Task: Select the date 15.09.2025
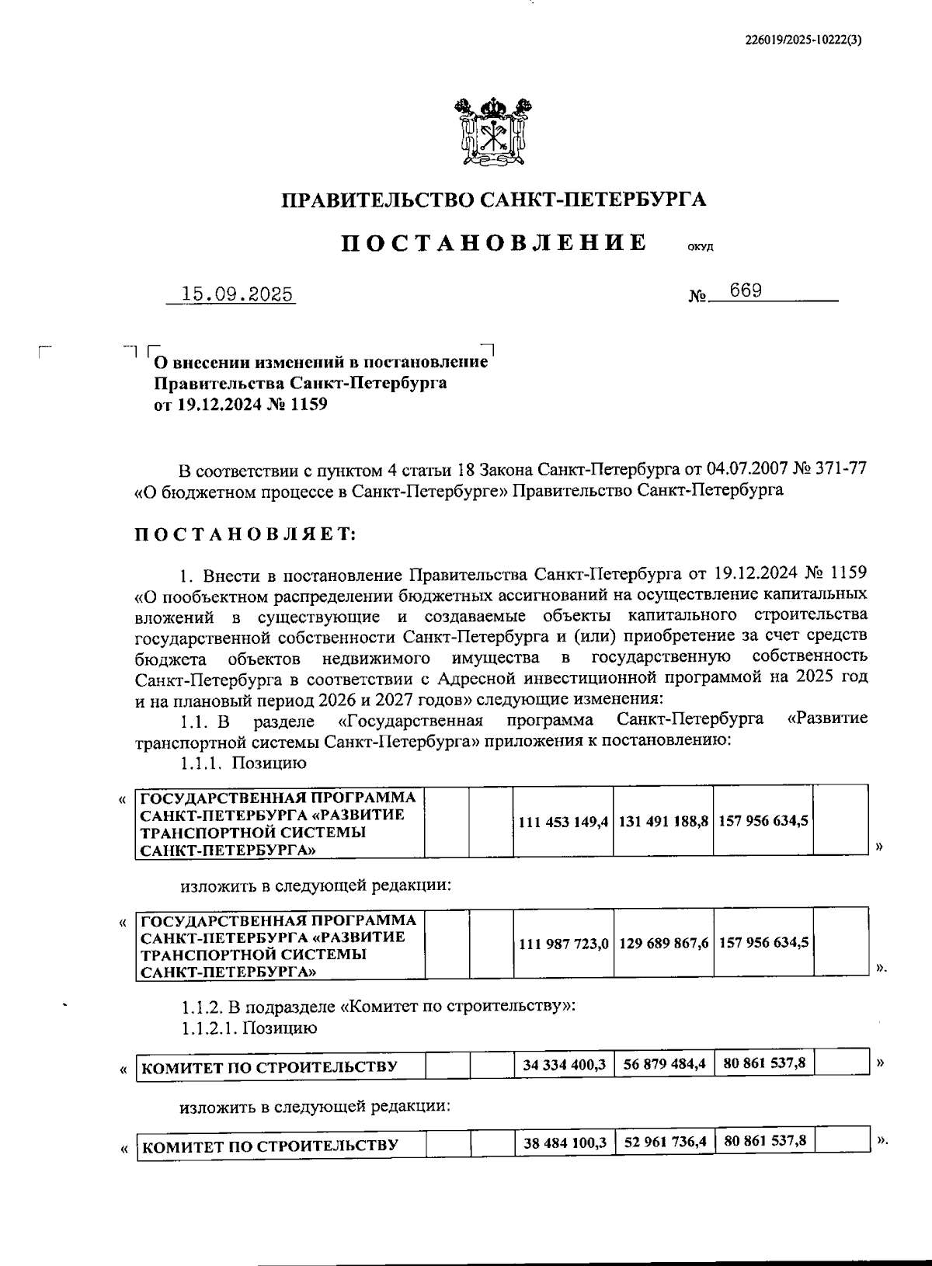point(236,294)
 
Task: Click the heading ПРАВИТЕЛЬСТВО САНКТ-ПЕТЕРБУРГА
point(493,200)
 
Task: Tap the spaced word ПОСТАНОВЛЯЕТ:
point(246,534)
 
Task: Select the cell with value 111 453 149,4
point(563,821)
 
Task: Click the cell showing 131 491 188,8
point(663,821)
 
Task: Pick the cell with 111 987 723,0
point(563,942)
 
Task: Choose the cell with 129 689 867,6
point(663,942)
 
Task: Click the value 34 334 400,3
point(564,1063)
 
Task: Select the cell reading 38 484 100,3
point(564,1143)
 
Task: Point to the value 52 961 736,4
point(663,1143)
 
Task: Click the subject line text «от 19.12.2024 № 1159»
point(241,404)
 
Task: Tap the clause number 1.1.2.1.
point(208,1028)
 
